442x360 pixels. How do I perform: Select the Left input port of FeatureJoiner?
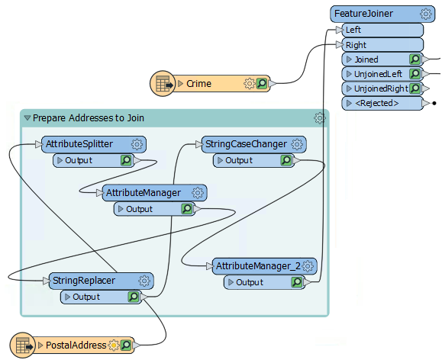[x=353, y=30]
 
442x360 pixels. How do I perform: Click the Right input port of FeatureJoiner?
[x=356, y=45]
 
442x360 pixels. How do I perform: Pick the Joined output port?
[x=366, y=59]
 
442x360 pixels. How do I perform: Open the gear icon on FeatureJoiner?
[x=426, y=14]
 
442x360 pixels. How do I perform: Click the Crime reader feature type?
[x=199, y=84]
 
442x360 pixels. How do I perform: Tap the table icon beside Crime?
[x=162, y=84]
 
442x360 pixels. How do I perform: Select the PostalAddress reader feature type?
[x=76, y=346]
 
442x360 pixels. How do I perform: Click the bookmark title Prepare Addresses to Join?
[x=89, y=118]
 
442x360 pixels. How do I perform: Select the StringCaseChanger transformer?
[x=245, y=144]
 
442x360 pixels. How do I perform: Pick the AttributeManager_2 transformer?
[x=257, y=266]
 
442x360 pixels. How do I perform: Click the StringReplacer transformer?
[x=83, y=281]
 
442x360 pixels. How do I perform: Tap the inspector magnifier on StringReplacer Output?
[x=134, y=297]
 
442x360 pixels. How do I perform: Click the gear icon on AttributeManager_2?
[x=308, y=266]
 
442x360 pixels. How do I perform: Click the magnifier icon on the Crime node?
[x=262, y=84]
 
